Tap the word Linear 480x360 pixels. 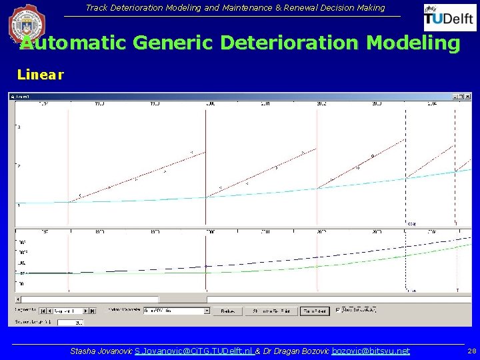pos(40,75)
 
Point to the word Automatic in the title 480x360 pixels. pos(73,43)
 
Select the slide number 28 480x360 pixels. pos(471,351)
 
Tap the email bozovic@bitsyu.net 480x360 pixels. pos(371,351)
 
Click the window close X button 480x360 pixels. pos(469,96)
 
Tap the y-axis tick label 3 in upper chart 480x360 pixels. pos(19,127)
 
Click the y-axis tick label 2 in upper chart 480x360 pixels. pos(19,165)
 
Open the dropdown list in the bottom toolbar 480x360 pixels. pos(207,311)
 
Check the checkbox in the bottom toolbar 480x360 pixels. pos(339,310)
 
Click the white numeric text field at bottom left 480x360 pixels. pos(71,322)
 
